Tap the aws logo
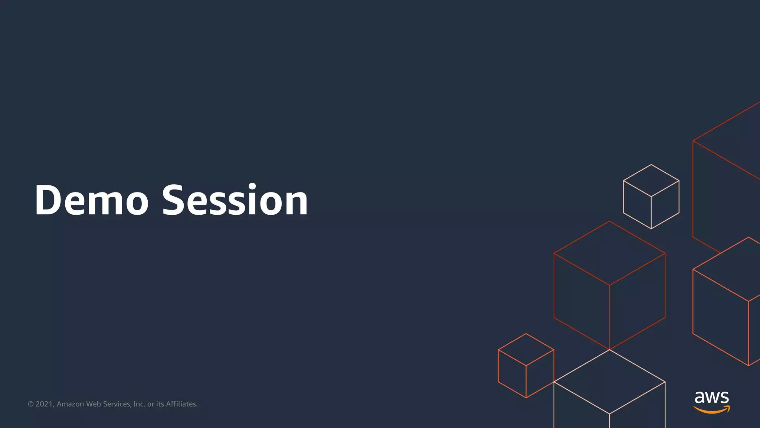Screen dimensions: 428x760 [712, 401]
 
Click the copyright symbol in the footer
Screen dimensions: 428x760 [31, 404]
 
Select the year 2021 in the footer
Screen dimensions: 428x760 [45, 404]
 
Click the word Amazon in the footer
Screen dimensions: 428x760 [70, 404]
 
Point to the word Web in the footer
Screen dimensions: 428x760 [94, 404]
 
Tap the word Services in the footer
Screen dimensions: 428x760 [117, 404]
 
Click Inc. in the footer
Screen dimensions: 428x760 [139, 404]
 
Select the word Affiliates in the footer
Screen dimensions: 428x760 [181, 404]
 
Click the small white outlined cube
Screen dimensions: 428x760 [651, 197]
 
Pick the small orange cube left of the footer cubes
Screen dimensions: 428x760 [526, 366]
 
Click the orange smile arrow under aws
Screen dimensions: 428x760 [712, 410]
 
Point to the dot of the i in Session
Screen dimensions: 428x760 [252, 186]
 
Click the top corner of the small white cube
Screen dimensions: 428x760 [651, 165]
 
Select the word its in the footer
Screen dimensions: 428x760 [160, 404]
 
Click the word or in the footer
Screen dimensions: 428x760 [151, 404]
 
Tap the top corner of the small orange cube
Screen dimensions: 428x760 [526, 334]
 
